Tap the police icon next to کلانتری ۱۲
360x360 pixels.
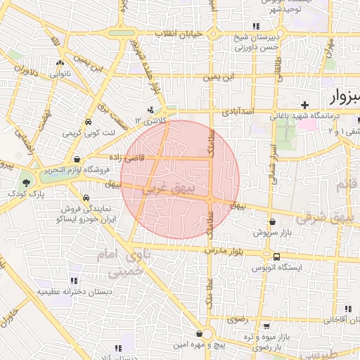pos(151,110)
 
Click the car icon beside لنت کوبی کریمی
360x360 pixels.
pos(88,121)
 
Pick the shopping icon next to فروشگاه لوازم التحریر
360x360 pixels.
pos(76,159)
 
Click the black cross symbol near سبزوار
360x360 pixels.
pos(304,105)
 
